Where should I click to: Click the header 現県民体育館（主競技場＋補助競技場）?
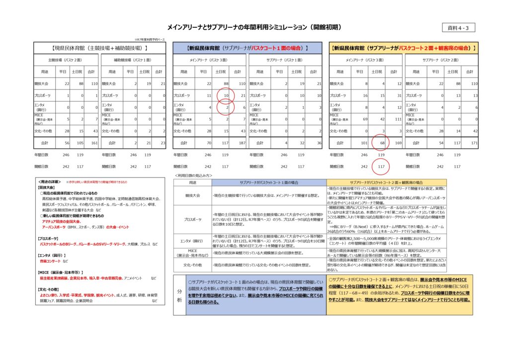tap(100, 48)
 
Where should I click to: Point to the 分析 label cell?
tap(179, 294)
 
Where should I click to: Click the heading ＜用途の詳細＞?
tap(48, 182)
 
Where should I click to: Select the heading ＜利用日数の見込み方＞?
tap(193, 176)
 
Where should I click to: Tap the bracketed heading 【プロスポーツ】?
tap(48, 239)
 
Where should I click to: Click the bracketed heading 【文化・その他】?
tap(49, 289)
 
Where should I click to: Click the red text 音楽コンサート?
tap(51, 261)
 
